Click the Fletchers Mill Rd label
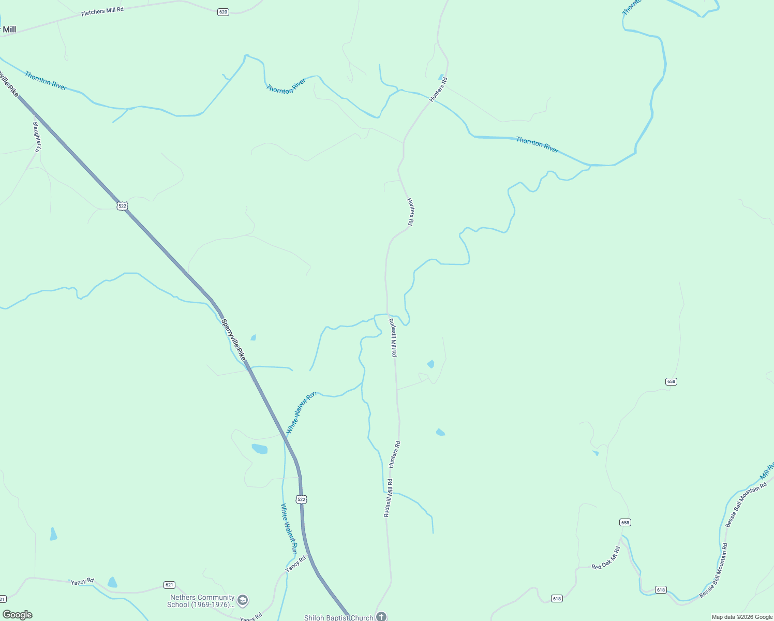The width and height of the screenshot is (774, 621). point(102,11)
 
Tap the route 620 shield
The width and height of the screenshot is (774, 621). point(223,12)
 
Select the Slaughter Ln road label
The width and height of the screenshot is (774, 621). point(36,136)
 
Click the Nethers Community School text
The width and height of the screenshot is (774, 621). point(202,601)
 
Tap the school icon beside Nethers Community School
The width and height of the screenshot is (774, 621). point(243,601)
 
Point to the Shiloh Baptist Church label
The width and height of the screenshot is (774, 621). point(338,617)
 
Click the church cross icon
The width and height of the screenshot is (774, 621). point(381,616)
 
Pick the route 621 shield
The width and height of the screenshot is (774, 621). point(169,585)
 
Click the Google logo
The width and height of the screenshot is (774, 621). point(18,615)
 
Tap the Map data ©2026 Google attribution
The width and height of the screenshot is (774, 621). point(742,617)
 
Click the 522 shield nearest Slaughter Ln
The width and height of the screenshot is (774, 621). point(122,206)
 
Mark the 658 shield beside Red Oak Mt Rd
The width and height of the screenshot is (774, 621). point(625,523)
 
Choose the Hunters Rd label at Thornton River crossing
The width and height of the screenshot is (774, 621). point(438,89)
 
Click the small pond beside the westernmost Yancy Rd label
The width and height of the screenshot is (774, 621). point(112,583)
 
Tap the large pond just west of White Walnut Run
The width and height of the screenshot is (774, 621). point(260,449)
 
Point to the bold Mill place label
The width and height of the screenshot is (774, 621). point(9,29)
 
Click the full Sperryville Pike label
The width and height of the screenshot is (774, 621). point(233,339)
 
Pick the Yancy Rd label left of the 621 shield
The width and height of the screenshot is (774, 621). point(82,582)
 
